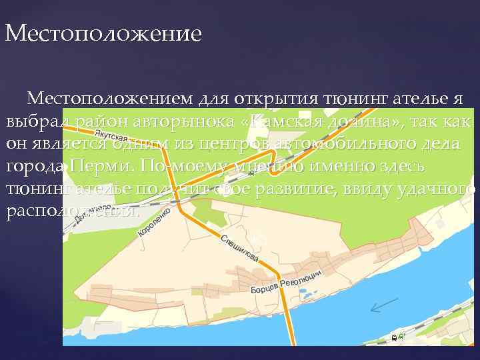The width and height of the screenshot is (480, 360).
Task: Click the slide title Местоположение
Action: tap(103, 33)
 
